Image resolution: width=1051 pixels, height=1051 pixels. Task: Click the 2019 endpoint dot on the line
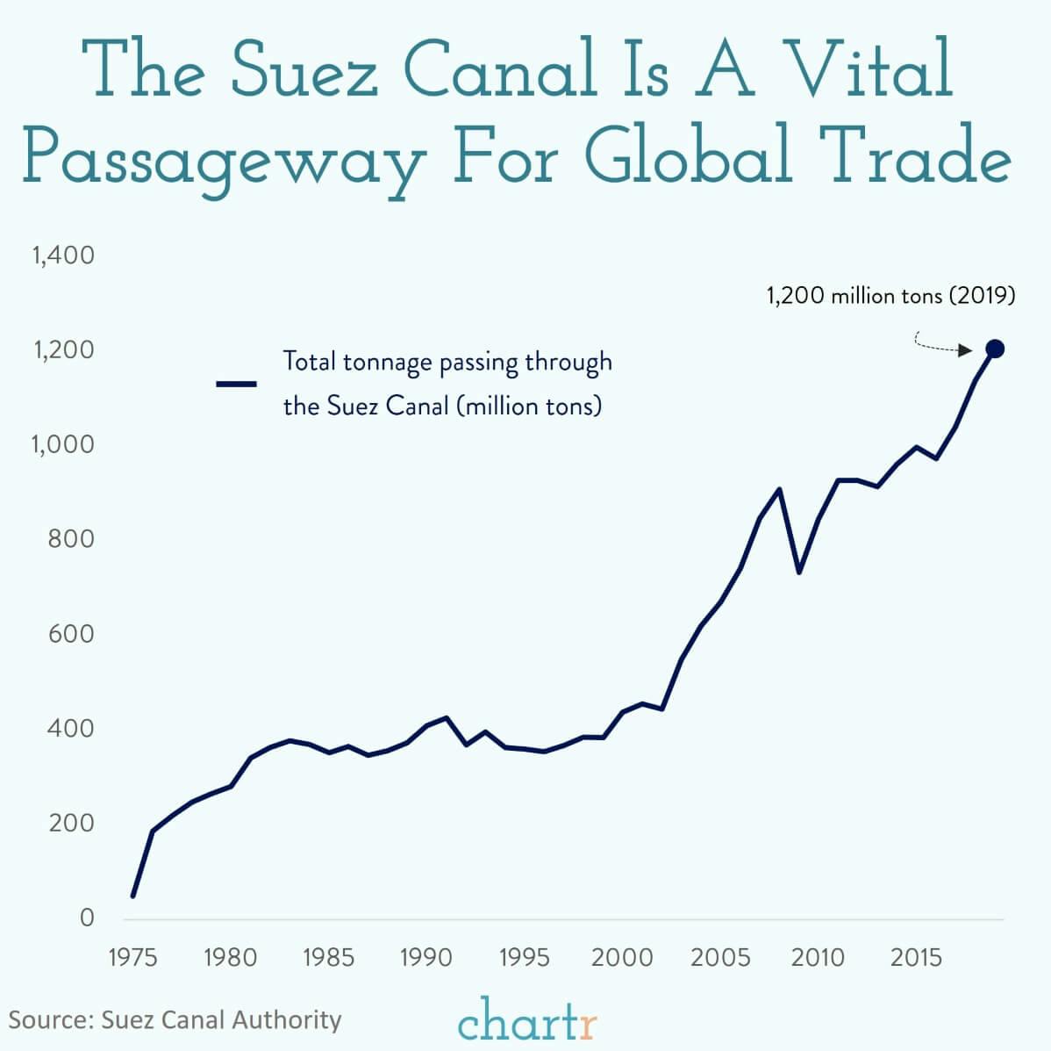tap(994, 349)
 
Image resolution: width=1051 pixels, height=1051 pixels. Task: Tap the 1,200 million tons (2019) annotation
tap(890, 295)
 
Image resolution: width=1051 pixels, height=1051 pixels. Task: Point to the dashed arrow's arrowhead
tap(965, 350)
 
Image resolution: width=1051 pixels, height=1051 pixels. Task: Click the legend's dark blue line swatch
tap(236, 384)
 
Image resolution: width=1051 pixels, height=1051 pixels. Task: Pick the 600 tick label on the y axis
tap(71, 633)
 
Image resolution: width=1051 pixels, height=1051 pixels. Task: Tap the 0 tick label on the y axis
tap(86, 918)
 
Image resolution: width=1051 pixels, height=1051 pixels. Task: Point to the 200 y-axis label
tap(71, 823)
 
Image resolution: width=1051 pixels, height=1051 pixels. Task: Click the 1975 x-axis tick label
tap(132, 957)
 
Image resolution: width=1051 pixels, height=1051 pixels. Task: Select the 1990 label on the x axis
tap(425, 957)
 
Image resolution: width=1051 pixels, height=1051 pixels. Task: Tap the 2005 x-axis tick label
tap(720, 957)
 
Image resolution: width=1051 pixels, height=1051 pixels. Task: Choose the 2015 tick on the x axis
tap(916, 957)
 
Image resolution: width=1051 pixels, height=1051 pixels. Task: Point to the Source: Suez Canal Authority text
tap(175, 1019)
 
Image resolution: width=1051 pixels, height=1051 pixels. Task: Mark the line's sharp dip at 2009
tap(798, 572)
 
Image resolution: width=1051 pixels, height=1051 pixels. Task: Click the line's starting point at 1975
tap(133, 896)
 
